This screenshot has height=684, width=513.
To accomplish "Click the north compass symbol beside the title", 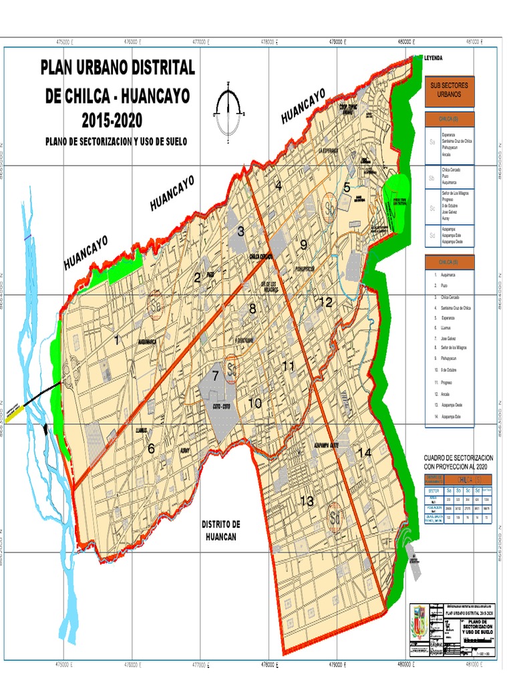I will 228,106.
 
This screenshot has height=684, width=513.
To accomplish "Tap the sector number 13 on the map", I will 307,501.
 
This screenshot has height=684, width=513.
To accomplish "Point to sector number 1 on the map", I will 118,340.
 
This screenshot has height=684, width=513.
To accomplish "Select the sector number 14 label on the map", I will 364,452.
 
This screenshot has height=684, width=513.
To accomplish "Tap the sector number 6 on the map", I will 151,449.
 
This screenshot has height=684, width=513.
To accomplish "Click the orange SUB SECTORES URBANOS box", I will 449,91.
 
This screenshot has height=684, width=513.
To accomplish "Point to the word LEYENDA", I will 434,59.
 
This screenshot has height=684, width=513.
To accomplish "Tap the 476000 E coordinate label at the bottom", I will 134,664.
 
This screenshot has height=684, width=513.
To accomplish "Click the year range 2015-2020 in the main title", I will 112,121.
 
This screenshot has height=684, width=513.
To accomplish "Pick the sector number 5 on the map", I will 347,188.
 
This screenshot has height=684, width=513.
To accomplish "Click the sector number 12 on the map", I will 325,302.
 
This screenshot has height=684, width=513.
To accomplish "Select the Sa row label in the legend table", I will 432,142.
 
